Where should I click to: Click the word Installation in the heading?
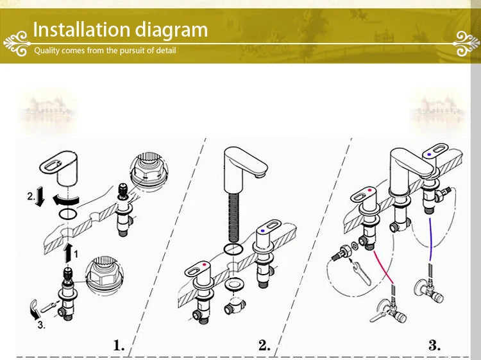coord(81,30)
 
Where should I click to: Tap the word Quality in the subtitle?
coord(47,51)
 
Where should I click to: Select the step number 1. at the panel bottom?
coord(119,345)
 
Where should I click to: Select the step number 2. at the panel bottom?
coord(264,345)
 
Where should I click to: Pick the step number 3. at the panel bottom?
coord(434,345)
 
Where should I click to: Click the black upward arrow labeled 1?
coord(68,252)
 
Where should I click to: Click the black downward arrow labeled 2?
coord(40,197)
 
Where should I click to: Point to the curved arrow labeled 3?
coord(35,309)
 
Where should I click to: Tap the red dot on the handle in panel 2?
coord(205,264)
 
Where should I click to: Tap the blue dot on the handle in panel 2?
coord(262,231)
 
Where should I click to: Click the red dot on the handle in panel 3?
coord(369,191)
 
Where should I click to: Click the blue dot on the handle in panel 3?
coord(429,155)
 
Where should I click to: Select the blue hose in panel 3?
coord(430,239)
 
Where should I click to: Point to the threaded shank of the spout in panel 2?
coord(233,218)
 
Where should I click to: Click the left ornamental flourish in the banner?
coord(17,44)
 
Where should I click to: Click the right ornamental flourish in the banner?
coord(467,44)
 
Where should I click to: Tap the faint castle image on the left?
coord(47,110)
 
